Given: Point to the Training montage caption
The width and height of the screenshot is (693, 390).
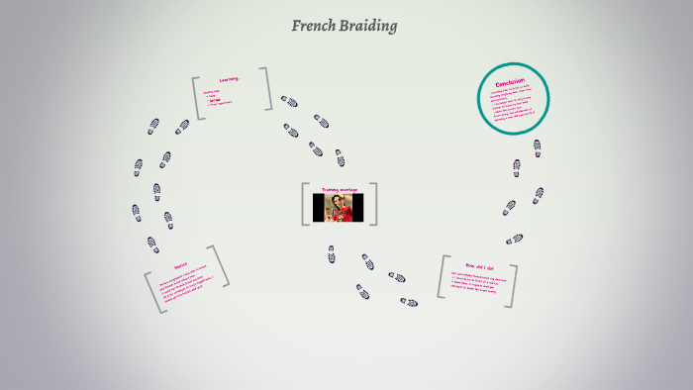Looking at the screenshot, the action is tap(339, 188).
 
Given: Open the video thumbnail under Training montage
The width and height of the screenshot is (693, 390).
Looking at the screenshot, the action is tap(339, 208).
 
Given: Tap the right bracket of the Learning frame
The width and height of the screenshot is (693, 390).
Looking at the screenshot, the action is tap(266, 88).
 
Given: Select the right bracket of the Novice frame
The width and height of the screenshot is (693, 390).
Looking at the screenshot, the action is tap(220, 265).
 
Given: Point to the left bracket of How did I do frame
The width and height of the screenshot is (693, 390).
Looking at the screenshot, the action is tap(442, 277).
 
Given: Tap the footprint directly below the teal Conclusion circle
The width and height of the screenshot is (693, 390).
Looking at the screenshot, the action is tap(537, 147).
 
